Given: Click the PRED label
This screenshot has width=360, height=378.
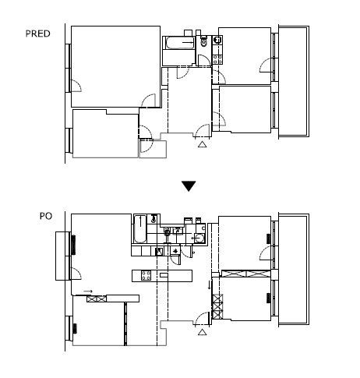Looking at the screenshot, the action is click(37, 34).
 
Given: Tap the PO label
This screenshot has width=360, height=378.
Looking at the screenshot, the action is click(46, 216).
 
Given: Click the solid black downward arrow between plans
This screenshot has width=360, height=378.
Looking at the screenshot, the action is click(189, 186).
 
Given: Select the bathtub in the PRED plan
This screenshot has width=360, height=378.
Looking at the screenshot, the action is click(180, 43).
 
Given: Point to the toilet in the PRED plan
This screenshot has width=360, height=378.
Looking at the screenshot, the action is click(204, 41).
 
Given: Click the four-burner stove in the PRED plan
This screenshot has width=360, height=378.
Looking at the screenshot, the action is click(217, 59).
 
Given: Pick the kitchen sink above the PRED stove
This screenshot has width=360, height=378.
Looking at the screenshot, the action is click(217, 40).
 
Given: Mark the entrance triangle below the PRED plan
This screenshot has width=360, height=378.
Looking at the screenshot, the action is click(203, 144).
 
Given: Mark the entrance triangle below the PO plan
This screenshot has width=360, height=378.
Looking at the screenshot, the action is click(203, 332).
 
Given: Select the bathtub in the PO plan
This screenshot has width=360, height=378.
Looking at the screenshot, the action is click(140, 228).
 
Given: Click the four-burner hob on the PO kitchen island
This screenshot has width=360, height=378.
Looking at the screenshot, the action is click(146, 276).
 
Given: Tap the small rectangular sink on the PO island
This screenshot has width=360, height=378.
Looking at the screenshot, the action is click(164, 275).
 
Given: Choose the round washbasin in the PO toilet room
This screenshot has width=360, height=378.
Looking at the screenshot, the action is click(199, 238).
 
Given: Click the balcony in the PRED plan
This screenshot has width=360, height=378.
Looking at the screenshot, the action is click(294, 81).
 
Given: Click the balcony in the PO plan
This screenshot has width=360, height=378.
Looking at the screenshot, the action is click(294, 270).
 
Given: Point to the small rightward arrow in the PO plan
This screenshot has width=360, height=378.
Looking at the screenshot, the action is click(88, 291).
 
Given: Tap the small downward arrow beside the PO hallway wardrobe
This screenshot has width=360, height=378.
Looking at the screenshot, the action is click(209, 285).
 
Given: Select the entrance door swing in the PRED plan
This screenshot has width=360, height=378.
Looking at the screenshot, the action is click(202, 131).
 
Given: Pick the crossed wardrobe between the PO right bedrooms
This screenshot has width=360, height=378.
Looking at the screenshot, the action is click(245, 274).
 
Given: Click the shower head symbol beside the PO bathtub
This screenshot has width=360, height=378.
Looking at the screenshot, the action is click(154, 219).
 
